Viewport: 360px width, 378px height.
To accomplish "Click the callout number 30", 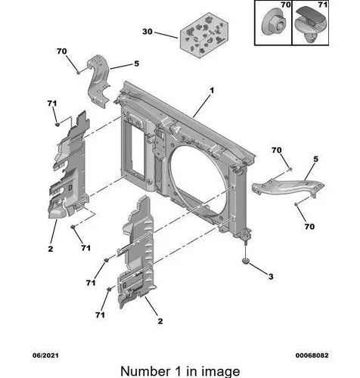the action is [147, 32].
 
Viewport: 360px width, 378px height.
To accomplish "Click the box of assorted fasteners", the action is [204, 36].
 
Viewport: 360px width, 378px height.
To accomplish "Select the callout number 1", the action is [212, 90].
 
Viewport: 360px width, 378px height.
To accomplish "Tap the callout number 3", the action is [271, 277].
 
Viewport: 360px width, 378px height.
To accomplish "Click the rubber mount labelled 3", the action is [245, 261].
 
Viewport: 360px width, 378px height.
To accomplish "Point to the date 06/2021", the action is [45, 355].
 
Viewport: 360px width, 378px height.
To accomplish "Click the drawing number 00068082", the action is [312, 355].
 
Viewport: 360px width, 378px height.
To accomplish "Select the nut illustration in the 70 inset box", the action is [274, 24].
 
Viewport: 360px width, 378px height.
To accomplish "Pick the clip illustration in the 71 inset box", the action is [311, 24].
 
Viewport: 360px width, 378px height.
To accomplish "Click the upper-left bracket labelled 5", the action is [99, 81].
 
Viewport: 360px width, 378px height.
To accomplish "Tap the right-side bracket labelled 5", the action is [288, 187].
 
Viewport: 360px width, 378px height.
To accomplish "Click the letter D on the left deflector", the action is [70, 187].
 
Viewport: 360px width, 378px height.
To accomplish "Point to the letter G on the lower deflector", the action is [125, 285].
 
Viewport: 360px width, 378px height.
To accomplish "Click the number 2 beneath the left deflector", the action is [51, 249].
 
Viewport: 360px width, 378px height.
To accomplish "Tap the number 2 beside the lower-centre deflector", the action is [160, 321].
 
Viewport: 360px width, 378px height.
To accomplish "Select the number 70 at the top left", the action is [62, 51].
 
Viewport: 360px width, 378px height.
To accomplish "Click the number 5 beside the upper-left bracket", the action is [136, 64].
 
